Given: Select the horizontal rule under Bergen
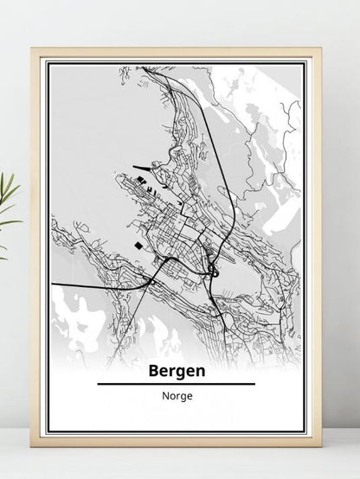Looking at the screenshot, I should (x=176, y=383).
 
